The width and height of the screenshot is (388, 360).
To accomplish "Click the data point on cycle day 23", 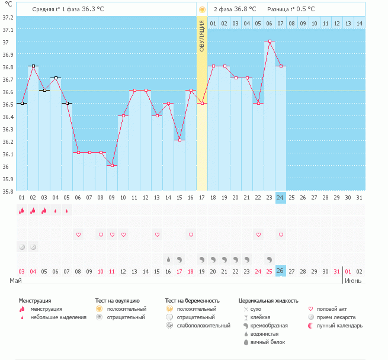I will (270, 41).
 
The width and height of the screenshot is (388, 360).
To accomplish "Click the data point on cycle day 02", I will (33, 66).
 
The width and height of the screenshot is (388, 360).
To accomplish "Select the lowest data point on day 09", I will (112, 165).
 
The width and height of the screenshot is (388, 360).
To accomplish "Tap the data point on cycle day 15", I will (168, 103).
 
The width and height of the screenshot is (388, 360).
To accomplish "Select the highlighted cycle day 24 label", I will (281, 197).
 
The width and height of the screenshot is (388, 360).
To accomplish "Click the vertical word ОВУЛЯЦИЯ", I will (202, 36).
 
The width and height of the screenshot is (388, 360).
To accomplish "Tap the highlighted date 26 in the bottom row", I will (281, 271).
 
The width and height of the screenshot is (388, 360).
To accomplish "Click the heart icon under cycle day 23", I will (270, 235).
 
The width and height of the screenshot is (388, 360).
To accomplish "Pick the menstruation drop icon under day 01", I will (21, 210).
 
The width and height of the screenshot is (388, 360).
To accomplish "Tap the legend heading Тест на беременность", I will (193, 301).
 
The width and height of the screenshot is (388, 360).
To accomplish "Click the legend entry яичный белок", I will (267, 342).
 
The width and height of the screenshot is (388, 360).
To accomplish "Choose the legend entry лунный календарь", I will (339, 326).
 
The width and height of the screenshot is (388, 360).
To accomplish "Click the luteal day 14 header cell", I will (359, 23).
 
